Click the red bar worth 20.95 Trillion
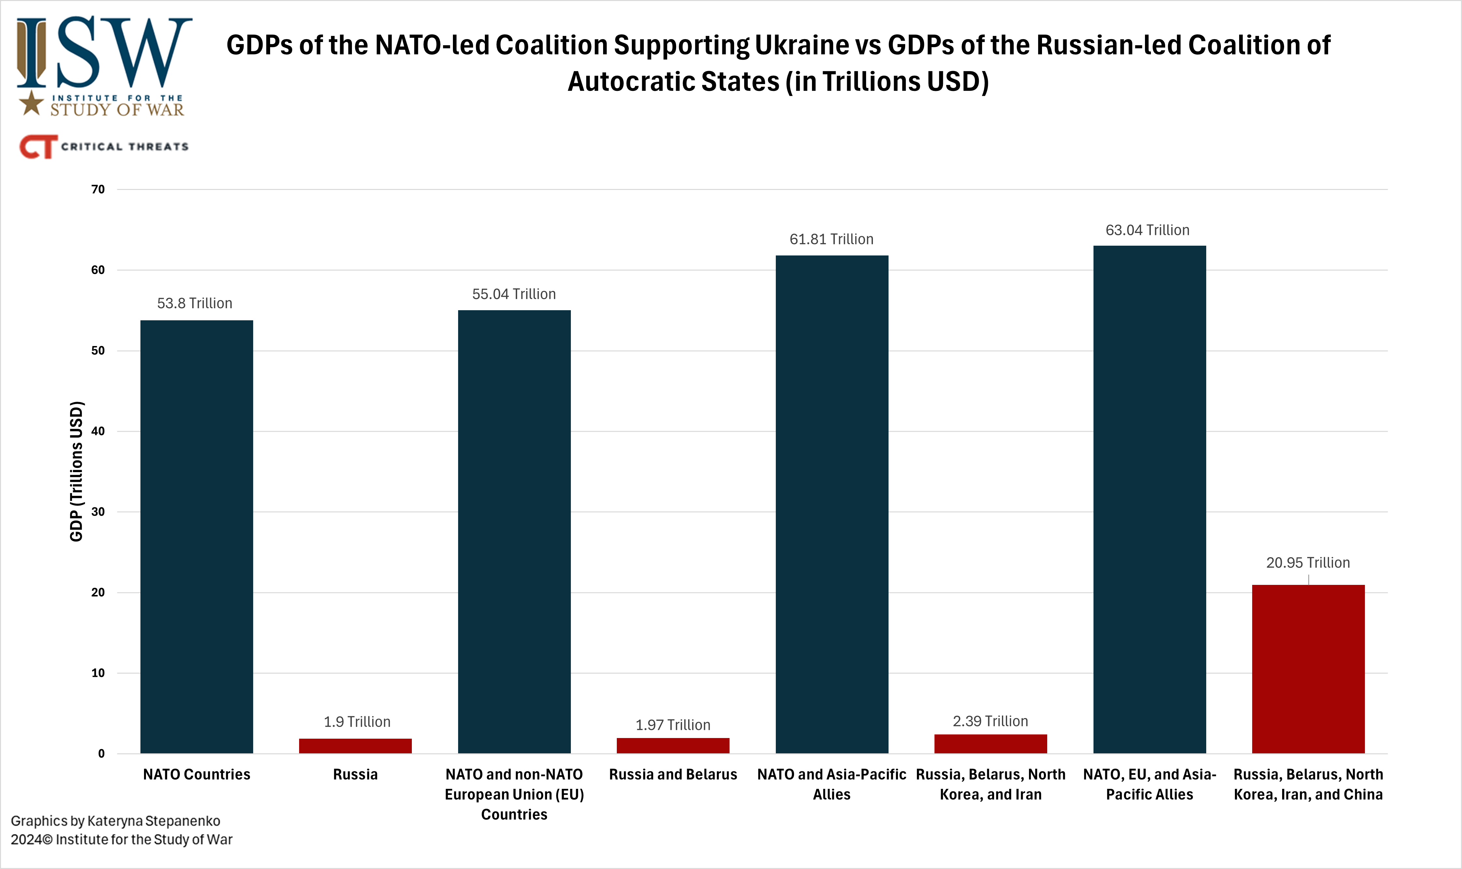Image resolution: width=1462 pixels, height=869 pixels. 1308,668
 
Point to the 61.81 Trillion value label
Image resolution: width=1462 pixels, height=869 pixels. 832,239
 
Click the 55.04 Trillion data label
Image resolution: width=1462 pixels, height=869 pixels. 514,294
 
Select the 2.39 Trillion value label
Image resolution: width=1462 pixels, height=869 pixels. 990,721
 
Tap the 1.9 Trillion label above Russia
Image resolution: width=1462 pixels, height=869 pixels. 357,721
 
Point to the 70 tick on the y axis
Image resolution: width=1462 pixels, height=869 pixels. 98,189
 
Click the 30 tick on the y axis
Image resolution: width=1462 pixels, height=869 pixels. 98,512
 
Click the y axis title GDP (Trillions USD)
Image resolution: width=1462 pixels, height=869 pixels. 77,471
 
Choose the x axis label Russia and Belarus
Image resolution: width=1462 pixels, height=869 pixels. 673,774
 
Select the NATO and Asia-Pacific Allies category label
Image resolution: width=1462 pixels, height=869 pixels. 832,784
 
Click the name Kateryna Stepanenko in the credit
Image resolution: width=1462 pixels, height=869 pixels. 153,821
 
